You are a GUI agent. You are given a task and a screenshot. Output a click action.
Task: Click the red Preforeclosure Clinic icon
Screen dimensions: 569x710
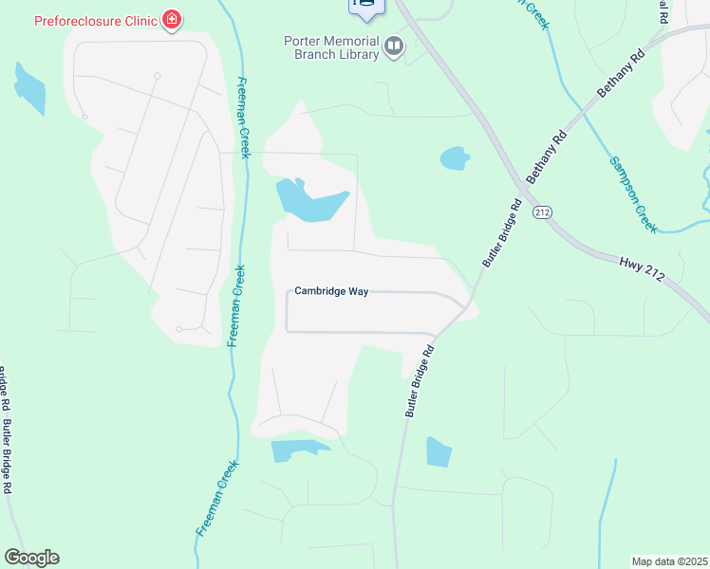tap(171, 20)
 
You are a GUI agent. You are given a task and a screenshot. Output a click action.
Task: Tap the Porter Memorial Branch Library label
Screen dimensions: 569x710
tap(331, 46)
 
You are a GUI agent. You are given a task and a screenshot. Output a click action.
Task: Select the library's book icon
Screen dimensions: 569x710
tap(393, 46)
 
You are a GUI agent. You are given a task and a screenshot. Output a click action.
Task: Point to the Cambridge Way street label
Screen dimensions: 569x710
tap(330, 291)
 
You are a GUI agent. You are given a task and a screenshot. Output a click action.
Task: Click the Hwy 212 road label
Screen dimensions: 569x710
tap(644, 268)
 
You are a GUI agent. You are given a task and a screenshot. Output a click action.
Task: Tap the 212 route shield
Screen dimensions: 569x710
tap(541, 212)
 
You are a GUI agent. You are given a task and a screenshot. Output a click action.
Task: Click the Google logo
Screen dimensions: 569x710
tap(31, 558)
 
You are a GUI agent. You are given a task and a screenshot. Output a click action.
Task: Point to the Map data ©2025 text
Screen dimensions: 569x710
tap(669, 560)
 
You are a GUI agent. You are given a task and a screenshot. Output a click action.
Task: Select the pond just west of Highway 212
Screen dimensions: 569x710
tap(455, 157)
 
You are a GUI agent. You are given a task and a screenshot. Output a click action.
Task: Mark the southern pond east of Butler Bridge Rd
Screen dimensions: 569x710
tap(438, 451)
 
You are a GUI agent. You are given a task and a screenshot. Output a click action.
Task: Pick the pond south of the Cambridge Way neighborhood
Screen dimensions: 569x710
tap(296, 450)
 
